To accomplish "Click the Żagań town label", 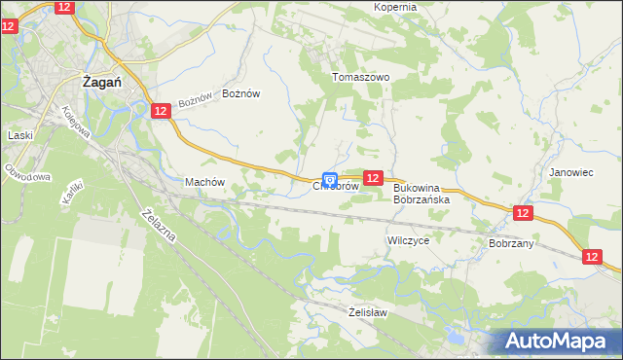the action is (101, 84).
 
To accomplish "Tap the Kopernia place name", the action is (395, 7).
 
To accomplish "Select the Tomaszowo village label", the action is (360, 77).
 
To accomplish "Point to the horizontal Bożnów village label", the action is (241, 93).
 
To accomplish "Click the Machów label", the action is (204, 182).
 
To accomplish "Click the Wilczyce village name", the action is (408, 239).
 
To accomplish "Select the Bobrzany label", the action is (511, 243).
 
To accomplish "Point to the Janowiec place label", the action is (570, 172).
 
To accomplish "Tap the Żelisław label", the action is (368, 312).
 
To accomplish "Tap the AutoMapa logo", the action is (561, 342).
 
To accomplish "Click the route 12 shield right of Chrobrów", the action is (372, 177).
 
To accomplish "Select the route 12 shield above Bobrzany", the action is (523, 213).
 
